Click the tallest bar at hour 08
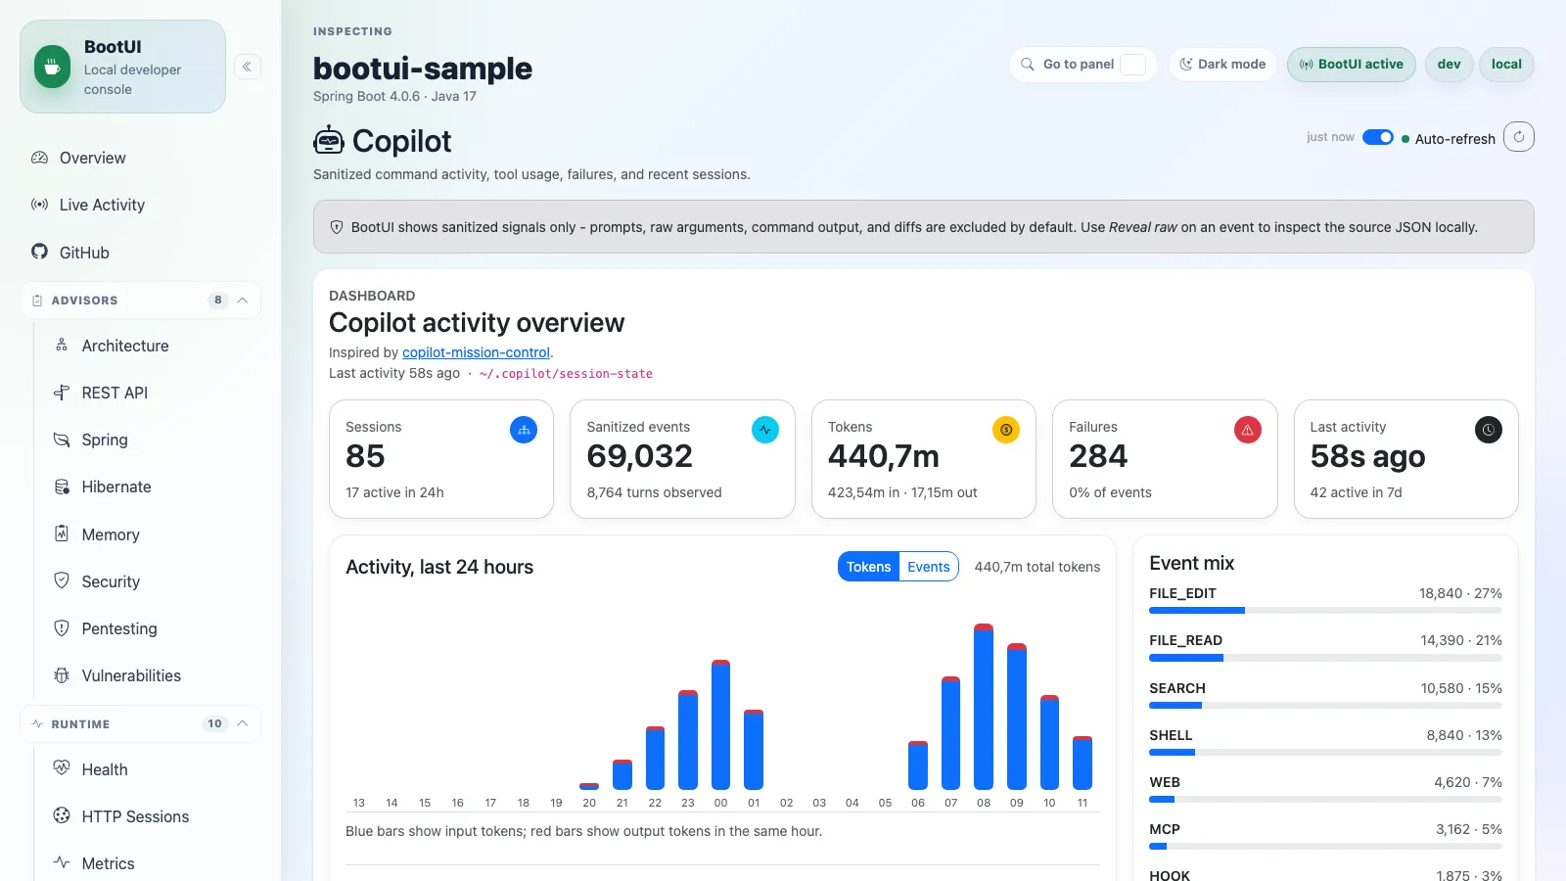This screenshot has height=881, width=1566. pyautogui.click(x=984, y=706)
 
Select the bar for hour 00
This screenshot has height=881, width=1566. pyautogui.click(x=720, y=724)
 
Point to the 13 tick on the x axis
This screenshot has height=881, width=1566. pyautogui.click(x=358, y=803)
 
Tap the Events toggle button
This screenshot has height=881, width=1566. pyautogui.click(x=929, y=567)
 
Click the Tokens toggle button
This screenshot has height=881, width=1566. pyautogui.click(x=868, y=567)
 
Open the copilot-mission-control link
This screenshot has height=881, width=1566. pyautogui.click(x=476, y=352)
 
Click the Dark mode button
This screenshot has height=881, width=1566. pyautogui.click(x=1222, y=65)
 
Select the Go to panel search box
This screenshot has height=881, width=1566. pyautogui.click(x=1082, y=65)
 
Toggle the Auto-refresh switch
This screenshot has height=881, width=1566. pyautogui.click(x=1378, y=137)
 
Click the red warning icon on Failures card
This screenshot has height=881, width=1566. pyautogui.click(x=1247, y=430)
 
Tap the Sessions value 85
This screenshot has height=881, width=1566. pyautogui.click(x=365, y=456)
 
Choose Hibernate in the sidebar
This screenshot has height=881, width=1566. pyautogui.click(x=116, y=487)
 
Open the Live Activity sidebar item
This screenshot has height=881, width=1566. pyautogui.click(x=102, y=205)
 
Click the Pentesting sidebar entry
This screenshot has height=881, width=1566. pyautogui.click(x=118, y=628)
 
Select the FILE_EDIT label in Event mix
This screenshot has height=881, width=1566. pyautogui.click(x=1183, y=593)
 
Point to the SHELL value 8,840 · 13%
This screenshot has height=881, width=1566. pyautogui.click(x=1464, y=735)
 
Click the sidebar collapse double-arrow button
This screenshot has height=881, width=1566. pyautogui.click(x=247, y=68)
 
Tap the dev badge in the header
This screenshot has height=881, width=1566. pyautogui.click(x=1449, y=65)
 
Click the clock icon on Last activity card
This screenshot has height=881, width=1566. pyautogui.click(x=1489, y=430)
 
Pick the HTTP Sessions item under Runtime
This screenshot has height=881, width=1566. pyautogui.click(x=135, y=816)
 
